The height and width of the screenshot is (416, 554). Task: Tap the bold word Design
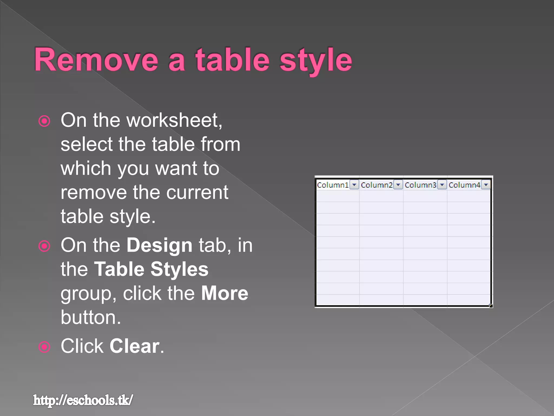click(x=159, y=245)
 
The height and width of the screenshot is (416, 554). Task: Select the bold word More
click(x=225, y=293)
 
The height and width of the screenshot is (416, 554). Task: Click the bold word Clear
click(x=134, y=346)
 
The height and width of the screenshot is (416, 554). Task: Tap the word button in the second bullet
click(x=91, y=317)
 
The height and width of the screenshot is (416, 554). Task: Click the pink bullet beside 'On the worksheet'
click(x=44, y=121)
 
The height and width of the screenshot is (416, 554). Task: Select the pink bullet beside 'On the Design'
click(x=44, y=246)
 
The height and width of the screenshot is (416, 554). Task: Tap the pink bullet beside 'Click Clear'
click(x=44, y=347)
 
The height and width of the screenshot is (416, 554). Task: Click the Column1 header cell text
click(x=333, y=185)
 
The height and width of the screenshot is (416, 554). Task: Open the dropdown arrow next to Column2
click(x=398, y=185)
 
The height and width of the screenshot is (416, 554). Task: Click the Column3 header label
click(x=420, y=185)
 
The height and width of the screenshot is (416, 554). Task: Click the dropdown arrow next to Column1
click(x=354, y=185)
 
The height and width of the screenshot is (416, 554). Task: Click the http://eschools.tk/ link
click(x=83, y=400)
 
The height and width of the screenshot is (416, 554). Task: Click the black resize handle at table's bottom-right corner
click(x=491, y=306)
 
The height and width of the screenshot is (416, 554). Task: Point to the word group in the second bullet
click(x=88, y=293)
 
